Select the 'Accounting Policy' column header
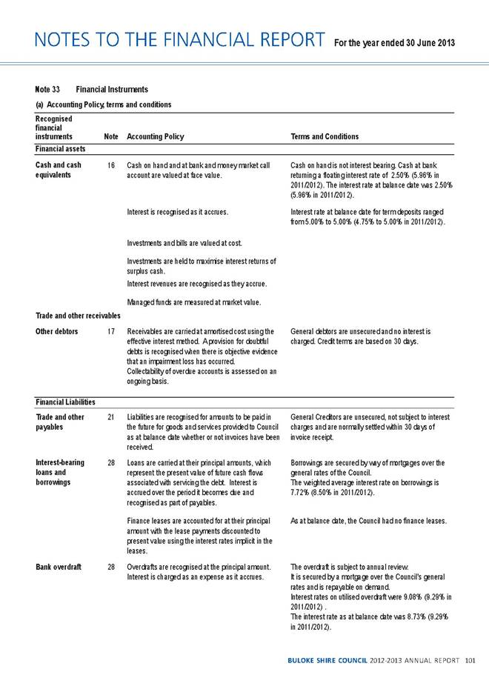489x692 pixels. click(x=156, y=136)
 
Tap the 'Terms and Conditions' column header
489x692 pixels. click(x=326, y=136)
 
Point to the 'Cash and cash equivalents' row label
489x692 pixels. click(x=59, y=170)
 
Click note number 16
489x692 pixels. click(x=110, y=165)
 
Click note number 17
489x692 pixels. click(x=110, y=331)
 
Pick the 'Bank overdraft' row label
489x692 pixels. click(x=59, y=567)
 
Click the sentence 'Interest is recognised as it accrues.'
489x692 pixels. click(x=177, y=212)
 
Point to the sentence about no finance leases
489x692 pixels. click(x=368, y=521)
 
